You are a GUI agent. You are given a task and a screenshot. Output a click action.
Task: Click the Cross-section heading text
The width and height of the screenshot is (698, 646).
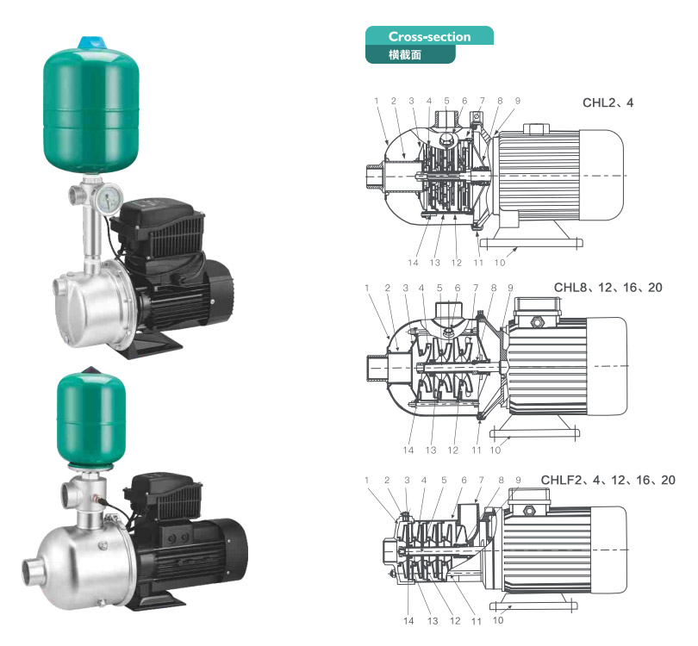coord(429,36)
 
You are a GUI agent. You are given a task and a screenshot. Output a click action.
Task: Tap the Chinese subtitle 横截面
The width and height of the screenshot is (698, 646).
coord(405,55)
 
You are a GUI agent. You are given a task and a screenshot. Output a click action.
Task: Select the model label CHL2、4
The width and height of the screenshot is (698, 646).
coord(608,102)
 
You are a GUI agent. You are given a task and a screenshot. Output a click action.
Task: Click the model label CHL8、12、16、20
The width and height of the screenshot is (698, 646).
coord(608,288)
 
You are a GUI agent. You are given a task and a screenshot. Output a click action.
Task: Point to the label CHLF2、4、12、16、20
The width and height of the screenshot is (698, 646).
coord(608,480)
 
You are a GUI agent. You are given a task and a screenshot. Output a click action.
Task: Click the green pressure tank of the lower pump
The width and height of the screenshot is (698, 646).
coord(90,419)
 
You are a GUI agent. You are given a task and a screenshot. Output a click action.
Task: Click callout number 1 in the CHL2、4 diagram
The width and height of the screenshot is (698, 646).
coord(377,101)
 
